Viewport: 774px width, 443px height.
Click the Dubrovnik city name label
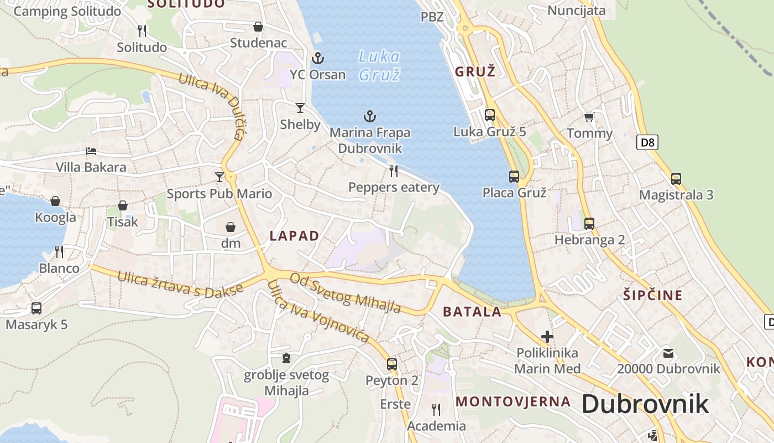pyautogui.click(x=645, y=404)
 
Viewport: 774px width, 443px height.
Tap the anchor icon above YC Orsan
pyautogui.click(x=318, y=58)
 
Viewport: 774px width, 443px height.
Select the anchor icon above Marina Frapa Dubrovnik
pyautogui.click(x=369, y=116)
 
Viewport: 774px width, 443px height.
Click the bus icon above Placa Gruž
pyautogui.click(x=514, y=177)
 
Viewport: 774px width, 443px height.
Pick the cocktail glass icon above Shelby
pyautogui.click(x=300, y=107)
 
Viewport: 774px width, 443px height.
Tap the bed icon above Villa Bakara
pyautogui.click(x=91, y=151)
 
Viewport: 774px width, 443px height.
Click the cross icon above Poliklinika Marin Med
pyautogui.click(x=547, y=336)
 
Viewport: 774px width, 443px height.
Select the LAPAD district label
pyautogui.click(x=294, y=236)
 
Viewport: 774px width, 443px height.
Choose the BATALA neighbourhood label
pyautogui.click(x=472, y=311)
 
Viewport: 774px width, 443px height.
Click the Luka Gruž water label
pyautogui.click(x=379, y=65)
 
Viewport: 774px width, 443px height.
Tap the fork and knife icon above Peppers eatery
pyautogui.click(x=394, y=171)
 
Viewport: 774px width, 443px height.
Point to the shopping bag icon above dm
pyautogui.click(x=231, y=227)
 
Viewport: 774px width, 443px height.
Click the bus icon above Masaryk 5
pyautogui.click(x=36, y=308)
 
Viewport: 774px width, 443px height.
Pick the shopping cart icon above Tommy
pyautogui.click(x=589, y=117)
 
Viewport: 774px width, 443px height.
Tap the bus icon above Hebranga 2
pyautogui.click(x=589, y=223)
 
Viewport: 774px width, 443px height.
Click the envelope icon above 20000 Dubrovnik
pyautogui.click(x=668, y=353)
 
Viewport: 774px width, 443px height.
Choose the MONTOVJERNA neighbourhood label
pyautogui.click(x=513, y=401)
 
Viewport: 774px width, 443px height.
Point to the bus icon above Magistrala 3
pyautogui.click(x=676, y=179)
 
